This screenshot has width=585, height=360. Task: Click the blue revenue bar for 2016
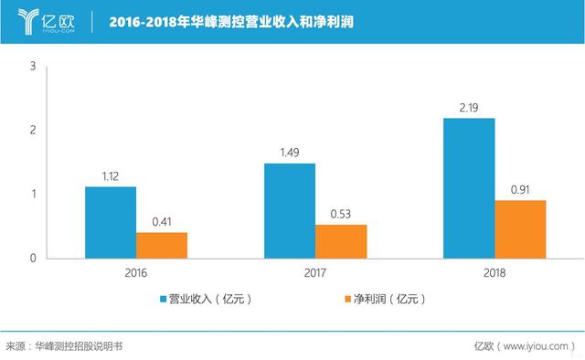click(x=111, y=223)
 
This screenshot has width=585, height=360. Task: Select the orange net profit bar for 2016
click(x=162, y=246)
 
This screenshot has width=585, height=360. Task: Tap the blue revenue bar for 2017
click(x=290, y=211)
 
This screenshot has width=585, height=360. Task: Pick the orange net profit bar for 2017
click(x=341, y=241)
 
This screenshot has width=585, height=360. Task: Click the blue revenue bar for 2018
click(x=469, y=188)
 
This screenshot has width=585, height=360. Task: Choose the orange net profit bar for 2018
click(x=520, y=229)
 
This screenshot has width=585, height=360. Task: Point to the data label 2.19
click(x=469, y=108)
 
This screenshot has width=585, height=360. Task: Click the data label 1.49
click(x=290, y=153)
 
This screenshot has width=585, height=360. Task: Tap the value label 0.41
click(x=162, y=222)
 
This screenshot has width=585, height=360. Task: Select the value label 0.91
click(x=520, y=190)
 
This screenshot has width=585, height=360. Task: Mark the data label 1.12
click(x=111, y=176)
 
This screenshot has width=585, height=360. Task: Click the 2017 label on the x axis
click(x=314, y=272)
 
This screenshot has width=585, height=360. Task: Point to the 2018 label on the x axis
click(x=495, y=272)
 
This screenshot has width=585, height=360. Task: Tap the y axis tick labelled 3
click(x=33, y=66)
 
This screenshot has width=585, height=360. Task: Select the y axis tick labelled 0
click(x=33, y=258)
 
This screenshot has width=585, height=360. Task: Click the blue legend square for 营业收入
click(x=163, y=299)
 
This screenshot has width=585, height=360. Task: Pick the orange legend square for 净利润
click(x=347, y=299)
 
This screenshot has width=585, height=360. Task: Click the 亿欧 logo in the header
click(x=46, y=22)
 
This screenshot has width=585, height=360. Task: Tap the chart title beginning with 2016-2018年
click(x=231, y=22)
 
